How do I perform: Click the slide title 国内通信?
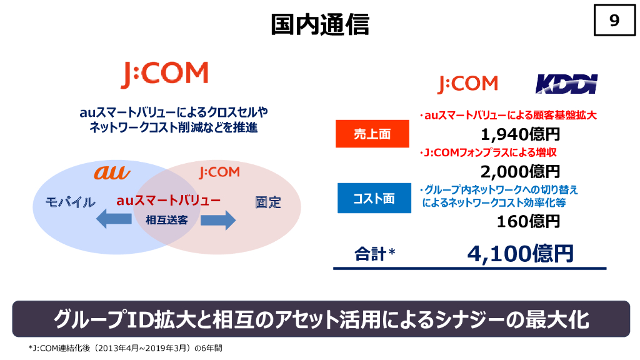(320, 24)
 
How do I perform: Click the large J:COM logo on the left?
(164, 74)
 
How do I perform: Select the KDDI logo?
(567, 84)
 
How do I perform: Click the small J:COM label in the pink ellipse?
(219, 172)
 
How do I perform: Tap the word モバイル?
(70, 202)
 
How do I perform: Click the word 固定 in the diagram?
(267, 202)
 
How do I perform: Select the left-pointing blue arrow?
(112, 220)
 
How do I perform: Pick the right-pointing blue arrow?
(217, 220)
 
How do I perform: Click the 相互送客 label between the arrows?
(166, 220)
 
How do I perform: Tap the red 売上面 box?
(372, 134)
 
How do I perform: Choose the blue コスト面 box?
(374, 199)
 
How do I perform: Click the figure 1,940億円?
(520, 134)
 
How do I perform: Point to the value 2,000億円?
(520, 171)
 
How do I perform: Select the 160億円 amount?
(528, 221)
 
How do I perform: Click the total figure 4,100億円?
(520, 253)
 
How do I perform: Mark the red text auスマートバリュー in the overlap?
(168, 201)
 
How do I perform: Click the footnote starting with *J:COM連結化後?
(125, 348)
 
